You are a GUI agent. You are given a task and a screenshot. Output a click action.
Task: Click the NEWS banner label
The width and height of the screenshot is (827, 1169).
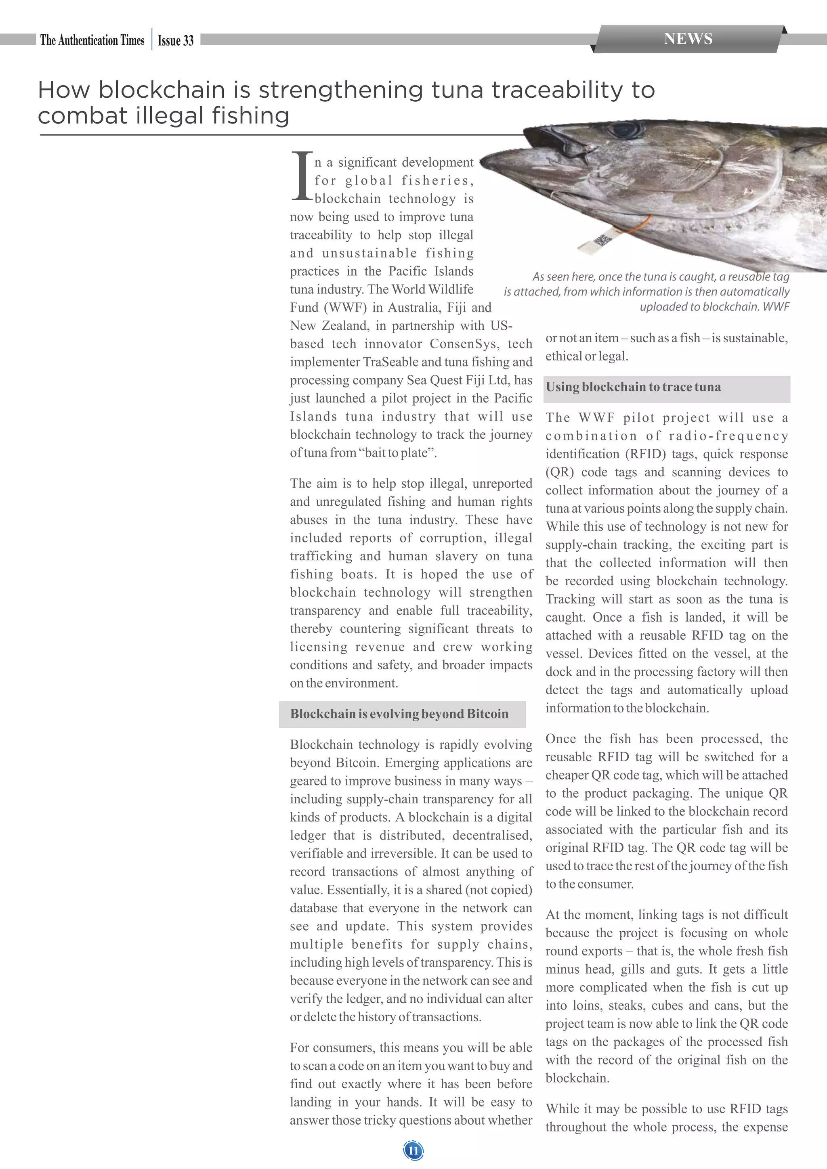688,39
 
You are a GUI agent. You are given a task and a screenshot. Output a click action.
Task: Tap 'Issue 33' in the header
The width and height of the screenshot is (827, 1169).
176,41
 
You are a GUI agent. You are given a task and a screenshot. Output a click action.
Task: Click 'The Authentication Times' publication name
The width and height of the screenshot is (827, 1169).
92,40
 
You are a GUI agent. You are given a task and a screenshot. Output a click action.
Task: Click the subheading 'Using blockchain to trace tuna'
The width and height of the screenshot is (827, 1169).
633,387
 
